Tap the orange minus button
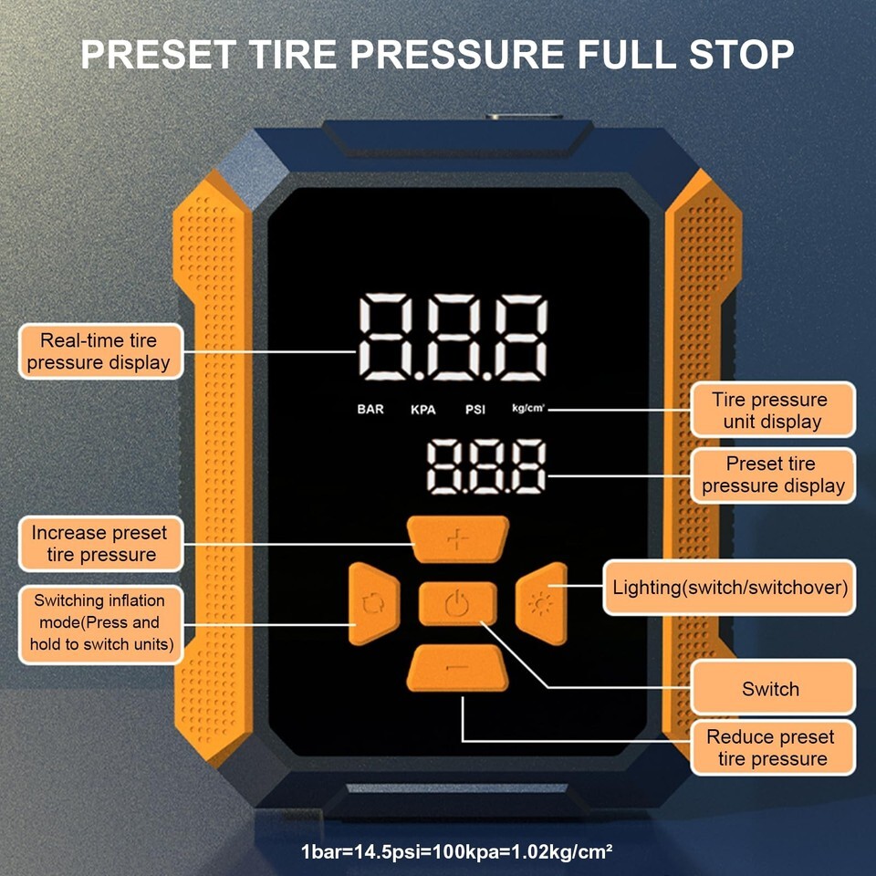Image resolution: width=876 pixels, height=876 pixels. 457,668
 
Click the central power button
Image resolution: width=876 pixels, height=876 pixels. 457,603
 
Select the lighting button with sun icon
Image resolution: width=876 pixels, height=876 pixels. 541,604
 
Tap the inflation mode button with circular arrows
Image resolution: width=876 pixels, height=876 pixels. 374,604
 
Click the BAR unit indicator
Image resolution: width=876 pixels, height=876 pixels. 370,409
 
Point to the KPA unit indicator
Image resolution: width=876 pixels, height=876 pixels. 422,410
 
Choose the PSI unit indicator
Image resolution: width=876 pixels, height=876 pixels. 475,410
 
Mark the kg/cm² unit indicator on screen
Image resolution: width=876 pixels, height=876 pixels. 528,408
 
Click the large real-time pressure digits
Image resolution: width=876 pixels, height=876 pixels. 453,338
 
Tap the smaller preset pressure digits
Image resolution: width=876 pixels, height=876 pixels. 486,466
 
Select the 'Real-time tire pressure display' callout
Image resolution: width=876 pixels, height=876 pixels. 100,351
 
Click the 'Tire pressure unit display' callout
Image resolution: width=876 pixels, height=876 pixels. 773,410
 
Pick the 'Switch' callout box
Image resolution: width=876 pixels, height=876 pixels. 773,688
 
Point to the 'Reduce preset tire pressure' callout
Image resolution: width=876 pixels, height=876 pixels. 773,747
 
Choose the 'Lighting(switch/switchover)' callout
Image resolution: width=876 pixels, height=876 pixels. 729,587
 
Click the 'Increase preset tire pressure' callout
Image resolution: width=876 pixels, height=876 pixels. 100,544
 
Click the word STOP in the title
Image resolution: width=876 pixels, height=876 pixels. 741,54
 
